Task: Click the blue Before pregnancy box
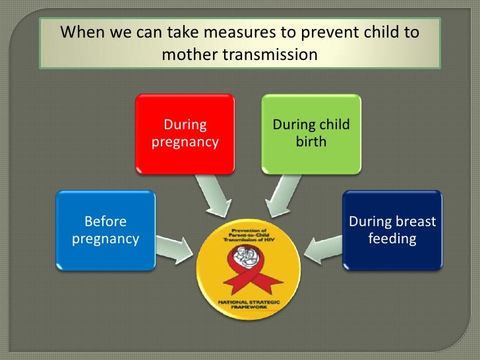[105, 230]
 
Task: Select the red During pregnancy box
[185, 134]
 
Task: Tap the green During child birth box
[311, 134]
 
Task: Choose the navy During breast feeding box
[392, 230]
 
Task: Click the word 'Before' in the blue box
[105, 222]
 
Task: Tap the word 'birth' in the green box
[311, 142]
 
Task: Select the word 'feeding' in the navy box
[392, 238]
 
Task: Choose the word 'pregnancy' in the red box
[185, 142]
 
